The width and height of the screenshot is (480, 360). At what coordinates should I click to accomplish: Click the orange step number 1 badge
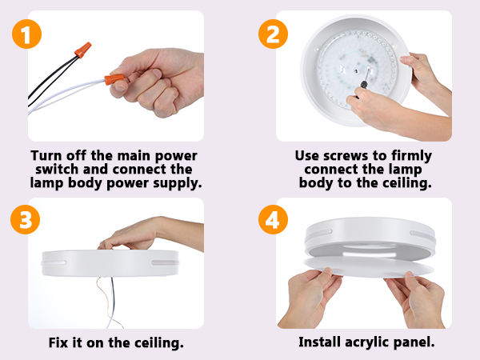tap(26, 34)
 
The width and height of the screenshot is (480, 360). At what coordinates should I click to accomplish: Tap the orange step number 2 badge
tap(273, 34)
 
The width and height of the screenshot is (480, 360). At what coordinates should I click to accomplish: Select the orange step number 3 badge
tap(26, 219)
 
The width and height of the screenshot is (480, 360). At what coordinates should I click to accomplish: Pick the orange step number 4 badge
tap(273, 219)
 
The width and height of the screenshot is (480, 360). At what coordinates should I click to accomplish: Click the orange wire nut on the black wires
tap(83, 50)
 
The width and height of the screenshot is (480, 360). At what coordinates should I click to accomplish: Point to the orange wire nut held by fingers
tap(114, 79)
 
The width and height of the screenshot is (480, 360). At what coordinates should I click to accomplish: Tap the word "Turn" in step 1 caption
tap(46, 155)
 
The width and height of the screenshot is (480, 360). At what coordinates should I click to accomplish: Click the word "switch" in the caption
tap(57, 170)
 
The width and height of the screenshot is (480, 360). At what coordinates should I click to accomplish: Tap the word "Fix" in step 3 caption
tap(58, 342)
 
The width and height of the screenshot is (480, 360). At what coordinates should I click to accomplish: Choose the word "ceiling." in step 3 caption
tap(159, 342)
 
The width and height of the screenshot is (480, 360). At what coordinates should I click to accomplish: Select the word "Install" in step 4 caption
tap(319, 342)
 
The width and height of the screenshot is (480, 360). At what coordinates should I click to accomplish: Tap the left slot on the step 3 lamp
tap(54, 262)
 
